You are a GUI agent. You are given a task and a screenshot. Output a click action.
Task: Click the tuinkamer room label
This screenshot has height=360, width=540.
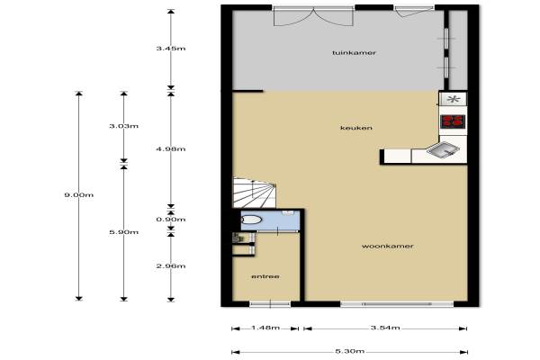(354, 53)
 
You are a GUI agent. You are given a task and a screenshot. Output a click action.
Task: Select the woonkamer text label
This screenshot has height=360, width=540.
(387, 246)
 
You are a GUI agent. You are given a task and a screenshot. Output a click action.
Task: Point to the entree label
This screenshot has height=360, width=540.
(265, 276)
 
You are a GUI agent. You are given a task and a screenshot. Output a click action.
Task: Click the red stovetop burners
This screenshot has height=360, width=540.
(453, 121)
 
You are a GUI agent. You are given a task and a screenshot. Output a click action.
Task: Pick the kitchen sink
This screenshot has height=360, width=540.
(443, 149)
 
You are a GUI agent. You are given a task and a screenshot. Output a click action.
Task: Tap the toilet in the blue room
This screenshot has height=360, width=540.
(251, 220)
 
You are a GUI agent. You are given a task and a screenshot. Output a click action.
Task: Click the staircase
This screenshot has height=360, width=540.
(255, 193)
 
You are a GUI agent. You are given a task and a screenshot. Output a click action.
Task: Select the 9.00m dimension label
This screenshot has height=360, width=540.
(79, 195)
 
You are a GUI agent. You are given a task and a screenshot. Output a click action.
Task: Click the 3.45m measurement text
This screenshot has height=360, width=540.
(171, 49)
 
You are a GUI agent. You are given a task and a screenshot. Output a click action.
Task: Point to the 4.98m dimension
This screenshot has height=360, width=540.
(171, 148)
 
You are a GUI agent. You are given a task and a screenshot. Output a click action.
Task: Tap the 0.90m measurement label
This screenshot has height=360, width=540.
(171, 220)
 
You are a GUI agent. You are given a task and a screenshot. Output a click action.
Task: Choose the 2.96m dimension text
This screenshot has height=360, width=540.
(171, 266)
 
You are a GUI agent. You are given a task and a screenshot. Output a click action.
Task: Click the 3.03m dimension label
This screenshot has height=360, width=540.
(124, 126)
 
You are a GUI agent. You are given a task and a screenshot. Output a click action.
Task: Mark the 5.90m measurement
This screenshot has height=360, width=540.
(124, 232)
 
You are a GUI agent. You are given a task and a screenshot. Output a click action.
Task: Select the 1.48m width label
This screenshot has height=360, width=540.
(265, 328)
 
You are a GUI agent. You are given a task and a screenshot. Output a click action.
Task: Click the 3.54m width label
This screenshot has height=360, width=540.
(385, 328)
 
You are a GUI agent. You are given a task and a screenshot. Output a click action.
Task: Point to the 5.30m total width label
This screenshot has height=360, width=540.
(350, 351)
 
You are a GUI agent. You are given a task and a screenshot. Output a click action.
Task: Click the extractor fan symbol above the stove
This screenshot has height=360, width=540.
(454, 99)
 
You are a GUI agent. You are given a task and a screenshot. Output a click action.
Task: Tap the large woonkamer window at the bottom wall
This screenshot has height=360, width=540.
(397, 304)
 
